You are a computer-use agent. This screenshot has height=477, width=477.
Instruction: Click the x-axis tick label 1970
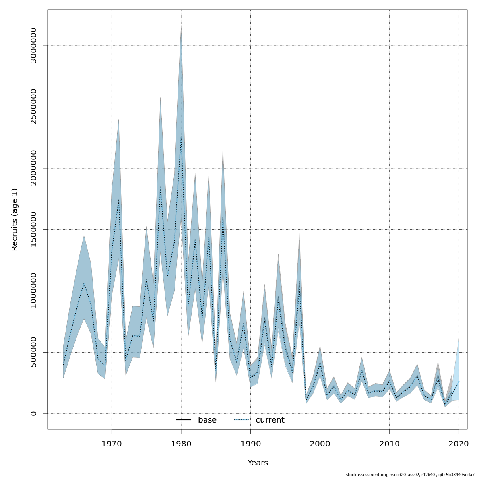[x=112, y=444]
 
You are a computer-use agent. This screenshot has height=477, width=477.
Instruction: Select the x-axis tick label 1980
[x=181, y=444]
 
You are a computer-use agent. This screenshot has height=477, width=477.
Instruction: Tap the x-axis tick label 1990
[x=250, y=444]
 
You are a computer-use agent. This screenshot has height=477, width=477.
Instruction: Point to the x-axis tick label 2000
[x=320, y=444]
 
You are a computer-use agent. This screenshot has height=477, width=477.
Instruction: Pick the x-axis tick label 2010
[x=389, y=444]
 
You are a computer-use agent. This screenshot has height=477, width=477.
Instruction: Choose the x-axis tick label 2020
[x=459, y=444]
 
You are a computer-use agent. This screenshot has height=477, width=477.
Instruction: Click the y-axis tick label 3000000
[x=34, y=45]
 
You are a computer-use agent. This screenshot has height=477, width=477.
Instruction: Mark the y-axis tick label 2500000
[x=34, y=107]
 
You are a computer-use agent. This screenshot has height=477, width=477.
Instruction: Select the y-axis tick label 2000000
[x=34, y=168]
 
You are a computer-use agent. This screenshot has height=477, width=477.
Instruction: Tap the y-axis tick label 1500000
[x=34, y=229]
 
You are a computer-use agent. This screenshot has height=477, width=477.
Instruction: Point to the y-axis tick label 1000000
[x=34, y=291]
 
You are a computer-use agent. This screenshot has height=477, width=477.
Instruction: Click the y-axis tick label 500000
[x=34, y=352]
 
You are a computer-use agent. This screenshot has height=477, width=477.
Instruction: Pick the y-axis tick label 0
[x=34, y=413]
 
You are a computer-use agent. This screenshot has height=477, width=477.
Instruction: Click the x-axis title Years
[x=258, y=463]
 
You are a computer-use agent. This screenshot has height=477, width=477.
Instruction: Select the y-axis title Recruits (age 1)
[x=15, y=219]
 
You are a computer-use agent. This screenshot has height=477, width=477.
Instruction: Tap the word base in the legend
[x=207, y=420]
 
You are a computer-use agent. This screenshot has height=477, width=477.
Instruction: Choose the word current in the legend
[x=270, y=420]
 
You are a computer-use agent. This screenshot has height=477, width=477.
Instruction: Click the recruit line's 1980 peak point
[x=181, y=137]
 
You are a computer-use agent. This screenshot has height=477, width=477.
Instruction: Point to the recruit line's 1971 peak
[x=118, y=199]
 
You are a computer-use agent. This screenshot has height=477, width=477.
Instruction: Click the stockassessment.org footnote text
[x=410, y=475]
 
